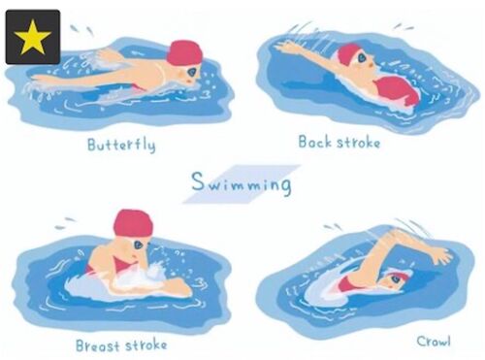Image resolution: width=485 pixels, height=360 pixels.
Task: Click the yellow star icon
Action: tap(32, 38)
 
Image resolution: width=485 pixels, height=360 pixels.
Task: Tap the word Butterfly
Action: tap(121, 145)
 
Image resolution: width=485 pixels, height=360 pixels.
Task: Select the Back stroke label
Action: tap(339, 142)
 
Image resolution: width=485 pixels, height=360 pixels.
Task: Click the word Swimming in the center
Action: tap(242, 183)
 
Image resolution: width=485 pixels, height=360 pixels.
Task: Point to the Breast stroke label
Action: tap(121, 345)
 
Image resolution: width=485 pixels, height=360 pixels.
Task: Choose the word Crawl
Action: tap(434, 342)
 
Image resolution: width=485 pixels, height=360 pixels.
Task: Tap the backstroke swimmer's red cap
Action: tap(346, 54)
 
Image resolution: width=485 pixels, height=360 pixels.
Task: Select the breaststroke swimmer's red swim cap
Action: tap(133, 223)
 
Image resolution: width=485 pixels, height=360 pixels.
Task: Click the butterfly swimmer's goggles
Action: tap(192, 72)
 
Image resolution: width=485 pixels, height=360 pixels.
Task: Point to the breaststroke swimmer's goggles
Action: tap(139, 245)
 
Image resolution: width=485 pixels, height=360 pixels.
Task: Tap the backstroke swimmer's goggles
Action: tap(362, 58)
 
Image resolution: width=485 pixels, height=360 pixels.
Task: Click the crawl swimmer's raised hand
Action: tap(440, 254)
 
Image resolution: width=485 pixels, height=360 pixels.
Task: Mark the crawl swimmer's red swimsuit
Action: tap(348, 285)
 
